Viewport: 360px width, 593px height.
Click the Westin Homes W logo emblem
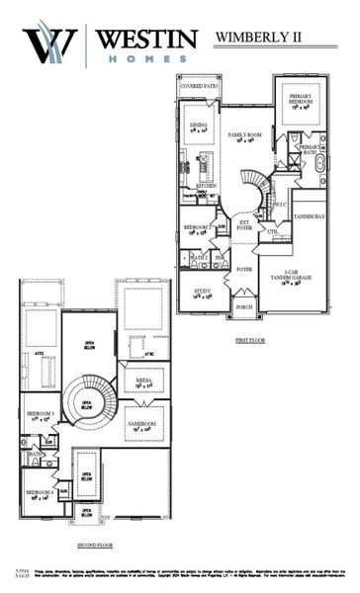[49, 43]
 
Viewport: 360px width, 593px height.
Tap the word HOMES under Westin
[146, 58]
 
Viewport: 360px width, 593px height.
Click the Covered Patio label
[198, 87]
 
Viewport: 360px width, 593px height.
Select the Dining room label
[199, 127]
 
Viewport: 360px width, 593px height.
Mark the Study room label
[203, 293]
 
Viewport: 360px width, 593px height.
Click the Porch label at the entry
[243, 306]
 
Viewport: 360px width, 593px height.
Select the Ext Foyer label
[243, 224]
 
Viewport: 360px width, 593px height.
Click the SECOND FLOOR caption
[96, 545]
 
